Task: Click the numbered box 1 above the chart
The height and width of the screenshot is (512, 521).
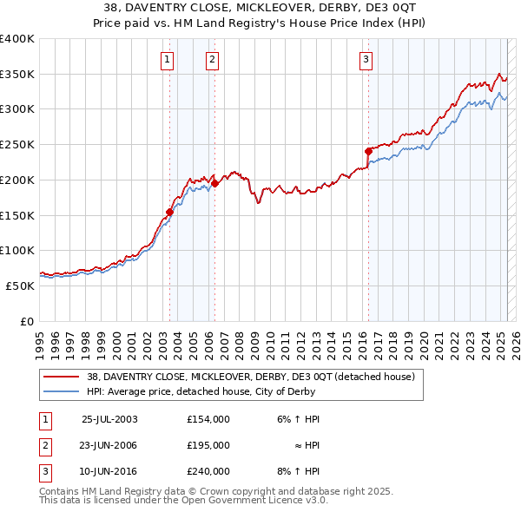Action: coord(166,60)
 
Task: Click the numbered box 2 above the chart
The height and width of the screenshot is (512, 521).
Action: coord(212,60)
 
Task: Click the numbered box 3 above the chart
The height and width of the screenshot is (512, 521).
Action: coord(366,60)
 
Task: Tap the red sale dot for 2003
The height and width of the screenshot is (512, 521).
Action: coord(170,211)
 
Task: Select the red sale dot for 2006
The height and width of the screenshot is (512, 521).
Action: coord(214,182)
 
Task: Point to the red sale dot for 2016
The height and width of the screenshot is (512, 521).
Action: coord(368,151)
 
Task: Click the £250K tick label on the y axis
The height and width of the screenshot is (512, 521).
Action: coord(16,145)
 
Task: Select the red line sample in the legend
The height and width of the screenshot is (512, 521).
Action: coord(62,377)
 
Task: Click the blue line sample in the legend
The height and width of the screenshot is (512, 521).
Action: coord(62,391)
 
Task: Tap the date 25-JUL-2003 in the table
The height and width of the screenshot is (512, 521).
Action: coord(109,419)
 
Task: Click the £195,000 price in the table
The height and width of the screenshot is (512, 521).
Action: coord(208,445)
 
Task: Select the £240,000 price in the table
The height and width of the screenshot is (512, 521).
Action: coord(208,471)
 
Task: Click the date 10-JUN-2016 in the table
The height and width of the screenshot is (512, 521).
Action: coord(109,471)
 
